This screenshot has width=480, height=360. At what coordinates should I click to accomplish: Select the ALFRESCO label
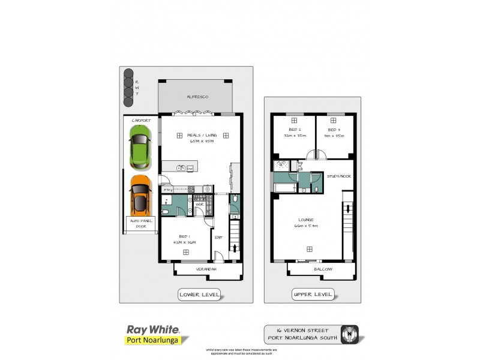(x=197, y=97)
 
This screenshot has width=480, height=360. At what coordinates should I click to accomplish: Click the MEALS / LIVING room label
(x=202, y=136)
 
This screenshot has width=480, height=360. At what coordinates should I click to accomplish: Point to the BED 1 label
(x=184, y=236)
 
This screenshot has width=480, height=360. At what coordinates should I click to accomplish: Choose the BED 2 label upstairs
(x=295, y=130)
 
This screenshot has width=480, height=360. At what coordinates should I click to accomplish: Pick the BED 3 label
(x=334, y=130)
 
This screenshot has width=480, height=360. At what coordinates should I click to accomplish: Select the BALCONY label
(x=323, y=270)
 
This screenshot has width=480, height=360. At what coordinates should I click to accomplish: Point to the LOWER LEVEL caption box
(x=200, y=295)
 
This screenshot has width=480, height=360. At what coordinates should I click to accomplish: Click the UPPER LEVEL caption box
(x=313, y=295)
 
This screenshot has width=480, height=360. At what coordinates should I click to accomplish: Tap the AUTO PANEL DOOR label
(x=142, y=224)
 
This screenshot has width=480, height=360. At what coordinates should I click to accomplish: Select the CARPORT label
(x=140, y=121)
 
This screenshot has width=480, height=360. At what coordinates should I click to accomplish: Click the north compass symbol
(x=349, y=333)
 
